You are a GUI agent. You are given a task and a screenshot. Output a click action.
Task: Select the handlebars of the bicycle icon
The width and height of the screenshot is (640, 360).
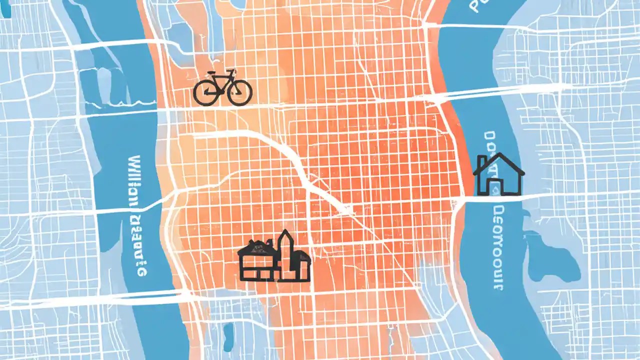click(231, 72)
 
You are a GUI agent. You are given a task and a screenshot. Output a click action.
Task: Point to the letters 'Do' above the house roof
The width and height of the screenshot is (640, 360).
click(490, 142)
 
